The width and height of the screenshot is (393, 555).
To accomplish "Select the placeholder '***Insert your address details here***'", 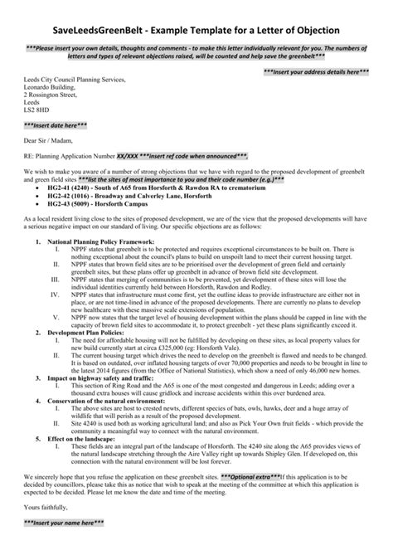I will pos(316,73).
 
